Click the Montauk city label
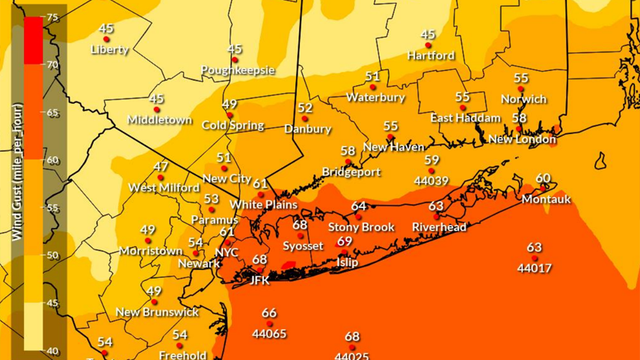[x=545, y=199]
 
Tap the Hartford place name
[x=430, y=56]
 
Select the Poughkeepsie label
[x=236, y=71]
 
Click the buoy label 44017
[x=534, y=268]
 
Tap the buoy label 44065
[x=268, y=333]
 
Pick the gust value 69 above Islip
[x=344, y=242]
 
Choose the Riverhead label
[x=439, y=227]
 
